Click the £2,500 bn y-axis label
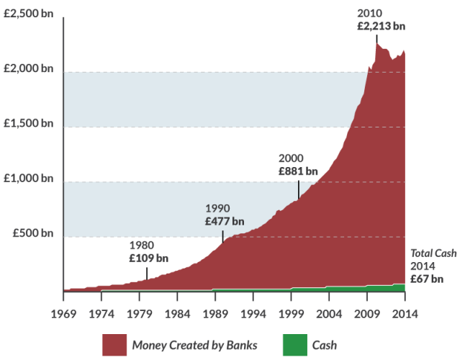coord(28,14)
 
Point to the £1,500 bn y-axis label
coord(28,124)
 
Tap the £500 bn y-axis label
coord(33,233)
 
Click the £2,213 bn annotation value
coord(381,26)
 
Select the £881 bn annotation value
coord(298,171)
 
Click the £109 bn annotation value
coord(149,257)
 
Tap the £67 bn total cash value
coord(427,279)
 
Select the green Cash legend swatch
coord(293,345)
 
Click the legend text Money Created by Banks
coord(194,345)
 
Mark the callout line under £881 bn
coord(299,189)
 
